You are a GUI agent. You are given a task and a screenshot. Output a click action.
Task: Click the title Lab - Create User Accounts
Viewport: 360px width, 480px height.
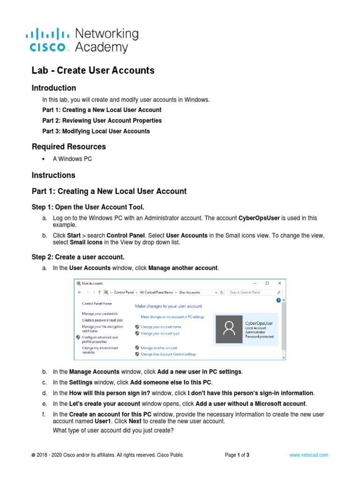[93, 70]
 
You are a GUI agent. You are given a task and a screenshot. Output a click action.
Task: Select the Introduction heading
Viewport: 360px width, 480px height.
[54, 88]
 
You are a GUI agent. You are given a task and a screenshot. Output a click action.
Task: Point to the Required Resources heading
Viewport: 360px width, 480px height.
[69, 147]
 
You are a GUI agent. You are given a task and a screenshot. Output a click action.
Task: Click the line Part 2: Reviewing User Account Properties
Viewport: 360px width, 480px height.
[102, 120]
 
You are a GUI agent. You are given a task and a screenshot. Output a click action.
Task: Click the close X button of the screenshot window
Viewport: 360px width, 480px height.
[280, 283]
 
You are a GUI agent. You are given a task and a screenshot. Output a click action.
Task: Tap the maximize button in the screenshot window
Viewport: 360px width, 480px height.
[267, 283]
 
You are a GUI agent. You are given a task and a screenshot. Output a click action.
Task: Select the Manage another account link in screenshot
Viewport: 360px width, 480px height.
[159, 348]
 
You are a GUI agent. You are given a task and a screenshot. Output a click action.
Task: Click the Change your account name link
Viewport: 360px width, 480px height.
[161, 327]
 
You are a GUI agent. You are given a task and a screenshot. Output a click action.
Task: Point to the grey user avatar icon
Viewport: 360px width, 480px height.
[229, 329]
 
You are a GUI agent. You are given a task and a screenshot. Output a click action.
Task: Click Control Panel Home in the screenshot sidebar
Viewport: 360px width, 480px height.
[97, 304]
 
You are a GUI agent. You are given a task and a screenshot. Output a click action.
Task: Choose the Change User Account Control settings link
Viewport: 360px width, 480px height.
[168, 354]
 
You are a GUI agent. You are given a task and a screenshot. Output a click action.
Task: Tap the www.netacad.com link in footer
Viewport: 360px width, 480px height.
[308, 455]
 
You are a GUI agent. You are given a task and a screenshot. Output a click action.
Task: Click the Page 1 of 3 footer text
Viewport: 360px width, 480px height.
[237, 455]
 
